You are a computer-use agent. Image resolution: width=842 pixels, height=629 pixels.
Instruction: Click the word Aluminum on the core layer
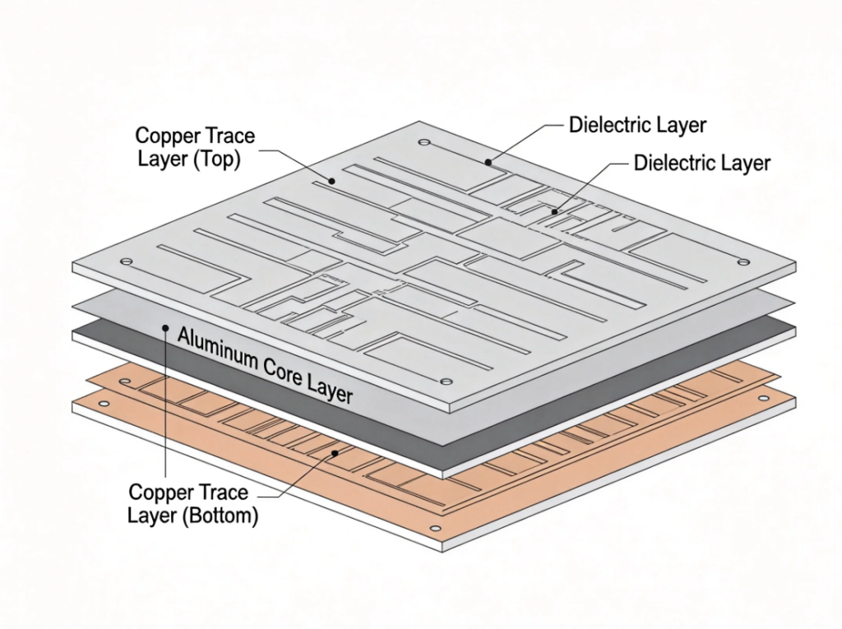pos(215,343)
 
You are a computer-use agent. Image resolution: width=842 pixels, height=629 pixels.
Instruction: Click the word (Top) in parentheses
pos(216,160)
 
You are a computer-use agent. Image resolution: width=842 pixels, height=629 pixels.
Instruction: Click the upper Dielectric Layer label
pos(637,126)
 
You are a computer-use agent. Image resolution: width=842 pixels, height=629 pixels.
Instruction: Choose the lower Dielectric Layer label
pos(701,163)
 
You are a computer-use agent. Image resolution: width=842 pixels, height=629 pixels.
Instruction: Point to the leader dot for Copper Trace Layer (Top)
pos(333,181)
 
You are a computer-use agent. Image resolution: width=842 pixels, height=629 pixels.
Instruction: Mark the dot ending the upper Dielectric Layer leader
pos(488,162)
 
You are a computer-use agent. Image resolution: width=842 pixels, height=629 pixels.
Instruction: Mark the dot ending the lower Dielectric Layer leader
pos(554,212)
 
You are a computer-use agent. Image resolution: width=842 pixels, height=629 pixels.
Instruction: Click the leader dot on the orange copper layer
pos(334,451)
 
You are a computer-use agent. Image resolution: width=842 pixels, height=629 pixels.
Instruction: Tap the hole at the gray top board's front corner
pos(446,382)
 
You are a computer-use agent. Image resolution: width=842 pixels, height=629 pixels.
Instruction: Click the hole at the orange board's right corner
pos(763,398)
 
